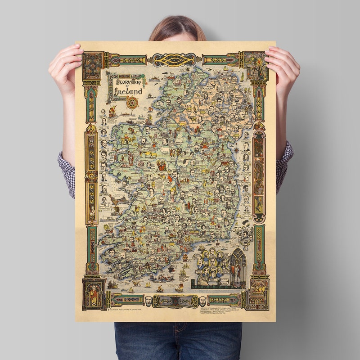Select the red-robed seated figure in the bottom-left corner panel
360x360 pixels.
coord(93,292)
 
